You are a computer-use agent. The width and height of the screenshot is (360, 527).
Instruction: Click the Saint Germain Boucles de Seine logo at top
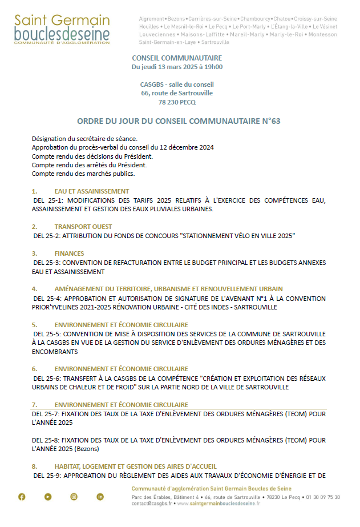click(62, 29)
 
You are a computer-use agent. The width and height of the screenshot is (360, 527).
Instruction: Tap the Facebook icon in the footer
click(22, 497)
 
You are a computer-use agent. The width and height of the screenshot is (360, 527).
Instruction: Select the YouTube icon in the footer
click(48, 497)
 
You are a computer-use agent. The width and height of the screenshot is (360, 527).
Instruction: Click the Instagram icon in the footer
click(74, 497)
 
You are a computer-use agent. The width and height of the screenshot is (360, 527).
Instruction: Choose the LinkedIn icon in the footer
click(100, 497)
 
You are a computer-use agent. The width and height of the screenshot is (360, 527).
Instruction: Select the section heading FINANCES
click(70, 254)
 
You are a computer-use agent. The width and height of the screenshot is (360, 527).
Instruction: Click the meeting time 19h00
click(213, 67)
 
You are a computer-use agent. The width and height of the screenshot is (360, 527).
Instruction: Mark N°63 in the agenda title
click(270, 121)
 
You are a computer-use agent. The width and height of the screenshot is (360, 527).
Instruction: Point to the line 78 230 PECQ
click(177, 103)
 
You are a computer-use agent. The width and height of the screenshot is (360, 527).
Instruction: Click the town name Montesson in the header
click(323, 34)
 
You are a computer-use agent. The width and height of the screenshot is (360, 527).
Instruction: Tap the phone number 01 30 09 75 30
click(321, 497)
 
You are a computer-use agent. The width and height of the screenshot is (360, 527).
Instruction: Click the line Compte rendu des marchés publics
click(83, 174)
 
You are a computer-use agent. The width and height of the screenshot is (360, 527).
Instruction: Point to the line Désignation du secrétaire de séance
click(84, 139)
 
